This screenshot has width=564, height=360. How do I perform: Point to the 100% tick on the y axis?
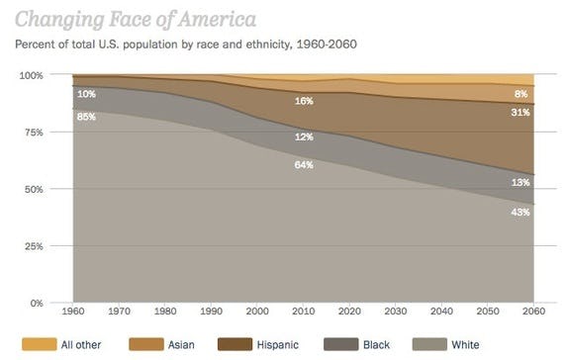pos(32,75)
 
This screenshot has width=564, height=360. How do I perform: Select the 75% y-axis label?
pos(34,132)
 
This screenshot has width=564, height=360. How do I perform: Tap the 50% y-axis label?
pos(34,189)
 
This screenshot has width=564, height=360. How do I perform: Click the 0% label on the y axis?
pos(37,303)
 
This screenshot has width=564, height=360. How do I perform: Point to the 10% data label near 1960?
pos(87,94)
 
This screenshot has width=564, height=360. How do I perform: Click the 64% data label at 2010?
pos(304,164)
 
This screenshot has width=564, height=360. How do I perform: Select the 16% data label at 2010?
pos(304,101)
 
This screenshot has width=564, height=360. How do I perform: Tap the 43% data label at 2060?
pos(520,212)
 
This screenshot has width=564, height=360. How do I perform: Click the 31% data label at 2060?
pos(520,112)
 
